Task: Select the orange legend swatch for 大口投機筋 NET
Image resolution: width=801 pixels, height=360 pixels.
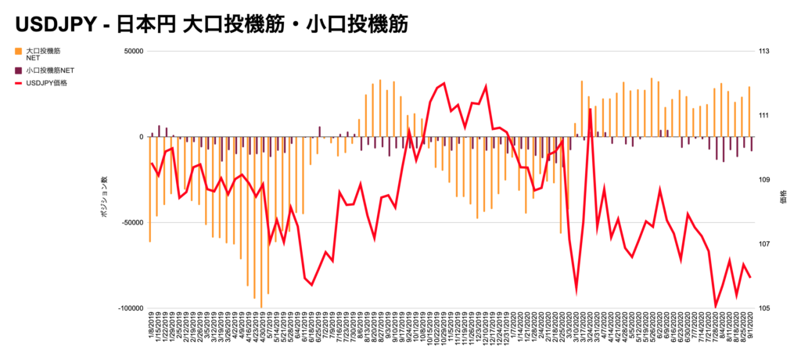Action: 19,51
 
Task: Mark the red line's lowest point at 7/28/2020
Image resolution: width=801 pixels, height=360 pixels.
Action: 715,306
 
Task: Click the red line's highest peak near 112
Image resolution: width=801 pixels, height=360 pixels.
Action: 444,83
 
